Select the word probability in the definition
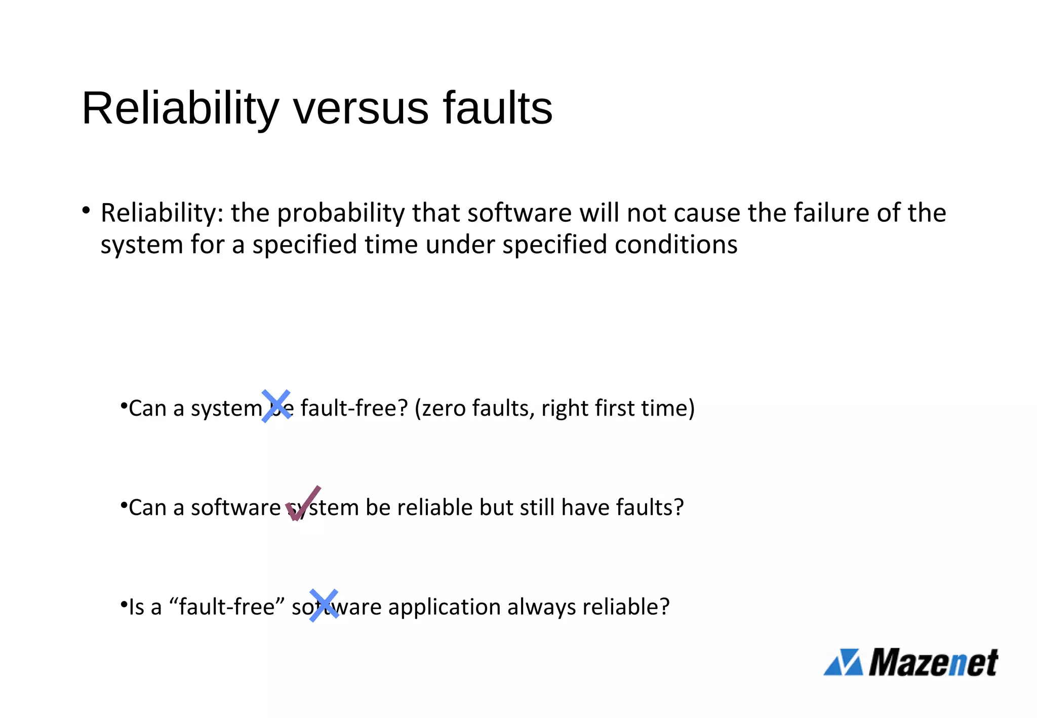coord(341,213)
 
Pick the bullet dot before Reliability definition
coord(86,210)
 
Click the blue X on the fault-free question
coord(276,406)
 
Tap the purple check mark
coord(303,503)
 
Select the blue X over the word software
coord(324,605)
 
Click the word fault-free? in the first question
coord(354,408)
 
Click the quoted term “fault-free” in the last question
coord(227,607)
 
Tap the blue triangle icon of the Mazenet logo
coord(843,662)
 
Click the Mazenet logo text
coord(933,662)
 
